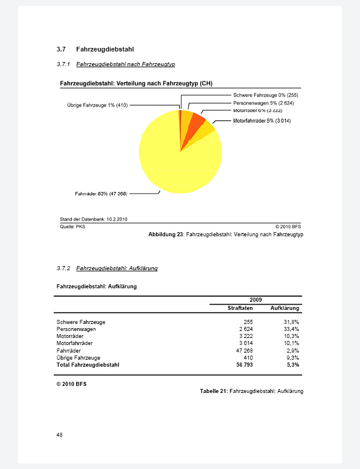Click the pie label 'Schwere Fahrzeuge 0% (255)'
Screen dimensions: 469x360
click(266, 95)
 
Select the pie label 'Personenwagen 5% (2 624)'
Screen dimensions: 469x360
click(263, 103)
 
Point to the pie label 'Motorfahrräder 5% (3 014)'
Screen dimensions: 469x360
click(262, 121)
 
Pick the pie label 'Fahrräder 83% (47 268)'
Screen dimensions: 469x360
click(101, 194)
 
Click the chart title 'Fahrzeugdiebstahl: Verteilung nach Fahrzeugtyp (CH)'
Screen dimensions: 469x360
click(136, 84)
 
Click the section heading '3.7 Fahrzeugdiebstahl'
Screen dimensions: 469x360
click(97, 49)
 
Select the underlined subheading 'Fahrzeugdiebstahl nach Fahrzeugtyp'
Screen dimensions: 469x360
click(125, 64)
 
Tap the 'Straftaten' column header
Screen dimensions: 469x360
click(240, 308)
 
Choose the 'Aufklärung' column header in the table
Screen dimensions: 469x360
click(285, 308)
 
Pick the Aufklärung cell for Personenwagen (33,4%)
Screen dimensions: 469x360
click(292, 329)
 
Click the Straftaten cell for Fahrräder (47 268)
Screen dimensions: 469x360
click(244, 350)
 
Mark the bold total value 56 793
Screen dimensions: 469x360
click(244, 364)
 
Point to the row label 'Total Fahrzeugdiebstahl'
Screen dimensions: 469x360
click(88, 364)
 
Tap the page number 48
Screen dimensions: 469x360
click(60, 434)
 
